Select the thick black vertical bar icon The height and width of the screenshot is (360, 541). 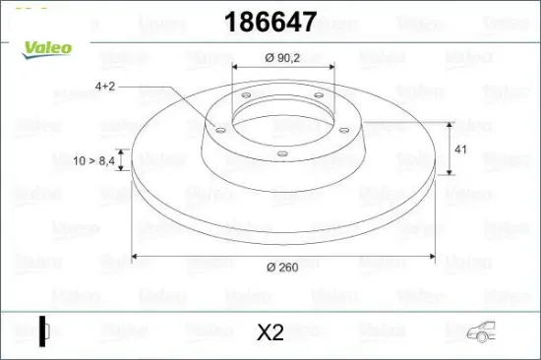tap(41, 330)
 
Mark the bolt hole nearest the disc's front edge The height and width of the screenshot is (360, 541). tap(280, 150)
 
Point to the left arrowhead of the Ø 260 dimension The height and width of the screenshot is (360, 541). tap(135, 258)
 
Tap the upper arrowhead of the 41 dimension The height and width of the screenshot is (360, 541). tap(451, 124)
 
